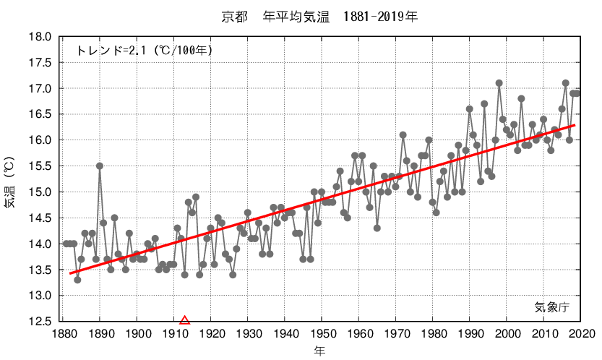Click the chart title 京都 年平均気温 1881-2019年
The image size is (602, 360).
(319, 15)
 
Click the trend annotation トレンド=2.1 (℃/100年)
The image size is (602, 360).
(144, 51)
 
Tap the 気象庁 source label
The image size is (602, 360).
(552, 307)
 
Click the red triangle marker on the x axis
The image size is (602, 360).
(184, 320)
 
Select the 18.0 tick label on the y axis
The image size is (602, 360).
(40, 37)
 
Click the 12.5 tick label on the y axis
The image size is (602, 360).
(40, 322)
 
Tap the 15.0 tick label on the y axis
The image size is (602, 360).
(40, 192)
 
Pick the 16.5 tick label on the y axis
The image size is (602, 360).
(40, 114)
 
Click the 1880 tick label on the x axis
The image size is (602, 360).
(63, 334)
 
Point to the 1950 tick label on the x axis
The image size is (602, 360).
(322, 334)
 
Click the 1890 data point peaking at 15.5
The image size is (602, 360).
(100, 166)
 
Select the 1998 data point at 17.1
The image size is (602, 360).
(499, 83)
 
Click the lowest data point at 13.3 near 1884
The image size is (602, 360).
(77, 280)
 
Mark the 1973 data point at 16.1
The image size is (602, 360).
(403, 135)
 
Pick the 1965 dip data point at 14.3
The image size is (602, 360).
(377, 228)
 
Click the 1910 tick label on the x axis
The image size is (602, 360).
(173, 334)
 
